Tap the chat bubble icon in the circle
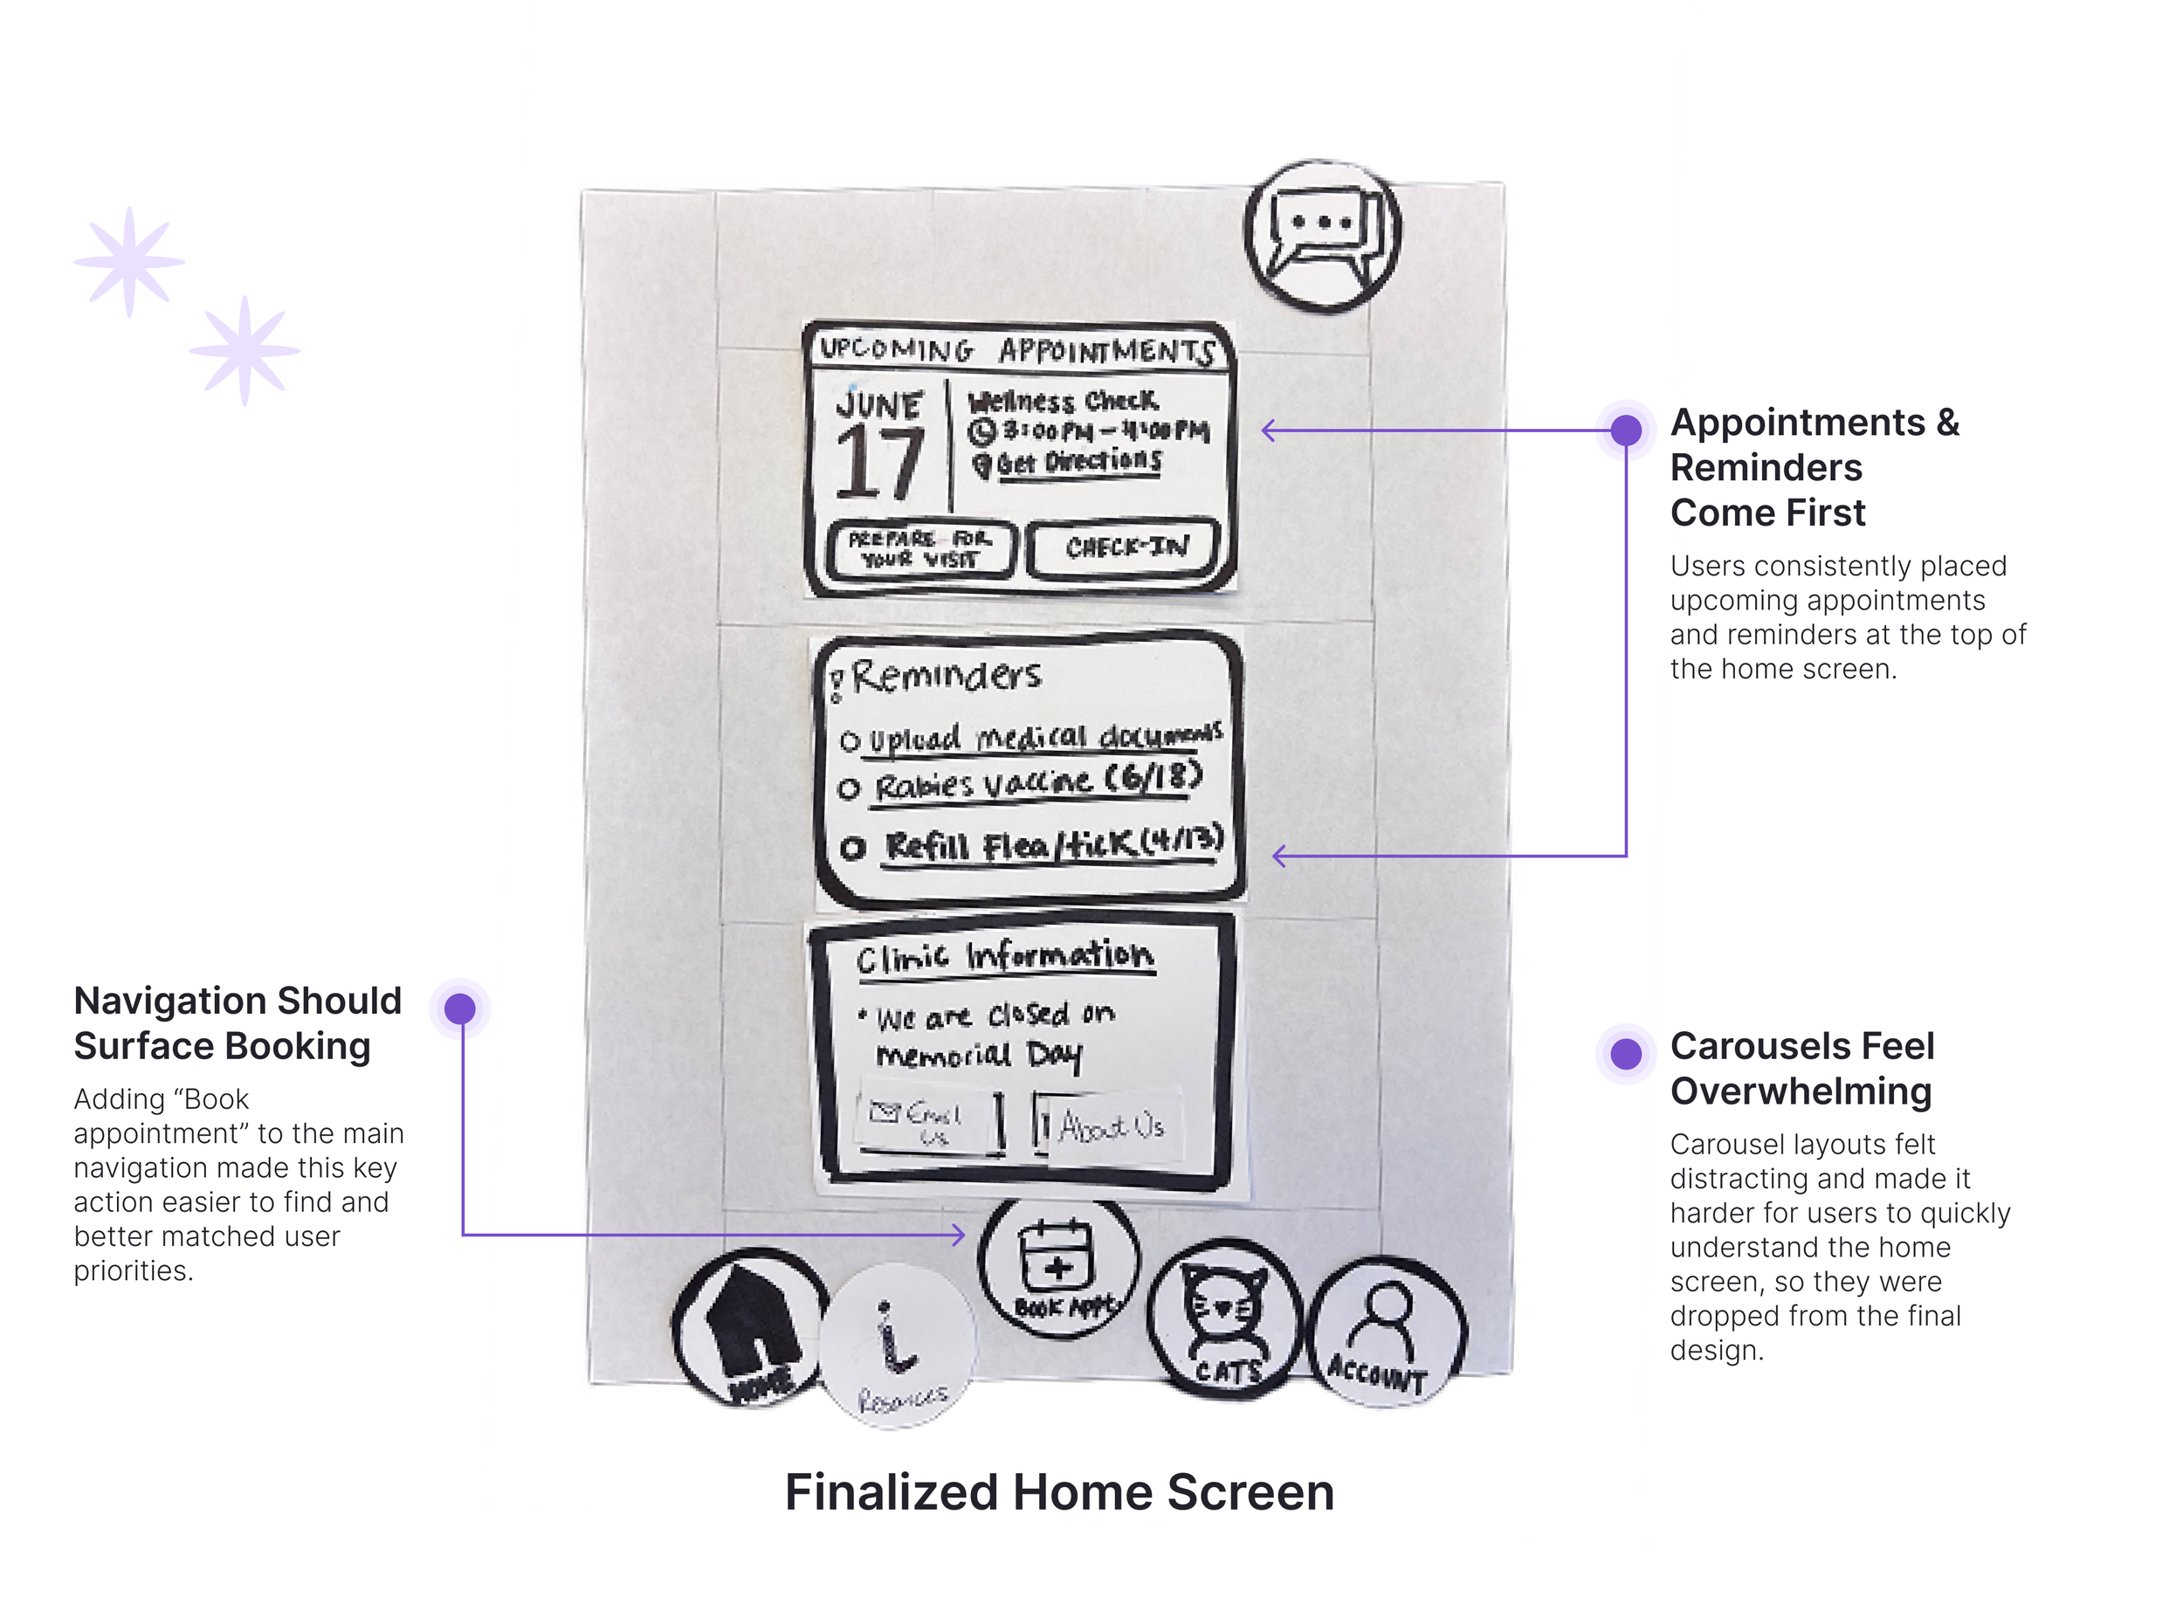(1322, 237)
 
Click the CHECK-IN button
(1126, 548)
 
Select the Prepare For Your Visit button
(921, 549)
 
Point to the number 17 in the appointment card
(878, 464)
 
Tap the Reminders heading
(945, 676)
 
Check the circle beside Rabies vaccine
(849, 788)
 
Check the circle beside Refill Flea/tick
(851, 849)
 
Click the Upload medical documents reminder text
(1044, 738)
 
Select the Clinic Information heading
(1003, 956)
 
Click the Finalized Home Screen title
(1058, 1491)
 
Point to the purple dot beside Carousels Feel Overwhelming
(1626, 1054)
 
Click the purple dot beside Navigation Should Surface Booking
(460, 1009)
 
